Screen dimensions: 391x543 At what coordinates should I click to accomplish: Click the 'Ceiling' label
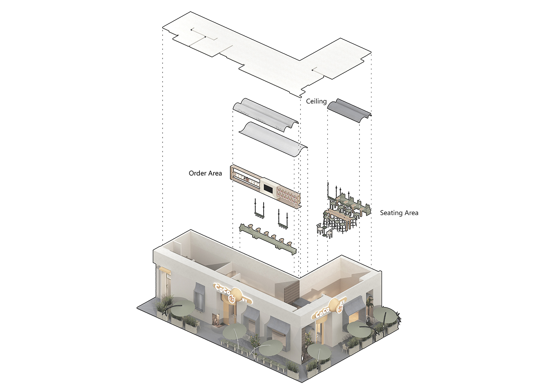[x=316, y=101]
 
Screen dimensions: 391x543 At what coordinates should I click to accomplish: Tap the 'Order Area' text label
[x=205, y=173]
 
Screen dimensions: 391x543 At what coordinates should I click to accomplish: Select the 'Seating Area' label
[x=399, y=213]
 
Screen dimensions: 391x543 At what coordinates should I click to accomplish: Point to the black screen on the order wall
[x=269, y=189]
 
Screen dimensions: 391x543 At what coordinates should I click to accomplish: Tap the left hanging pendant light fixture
[x=258, y=210]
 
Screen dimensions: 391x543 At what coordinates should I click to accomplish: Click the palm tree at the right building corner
[x=369, y=304]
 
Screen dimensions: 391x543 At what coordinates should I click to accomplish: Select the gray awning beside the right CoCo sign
[x=354, y=306]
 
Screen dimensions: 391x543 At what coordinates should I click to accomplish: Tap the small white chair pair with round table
[x=325, y=230]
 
